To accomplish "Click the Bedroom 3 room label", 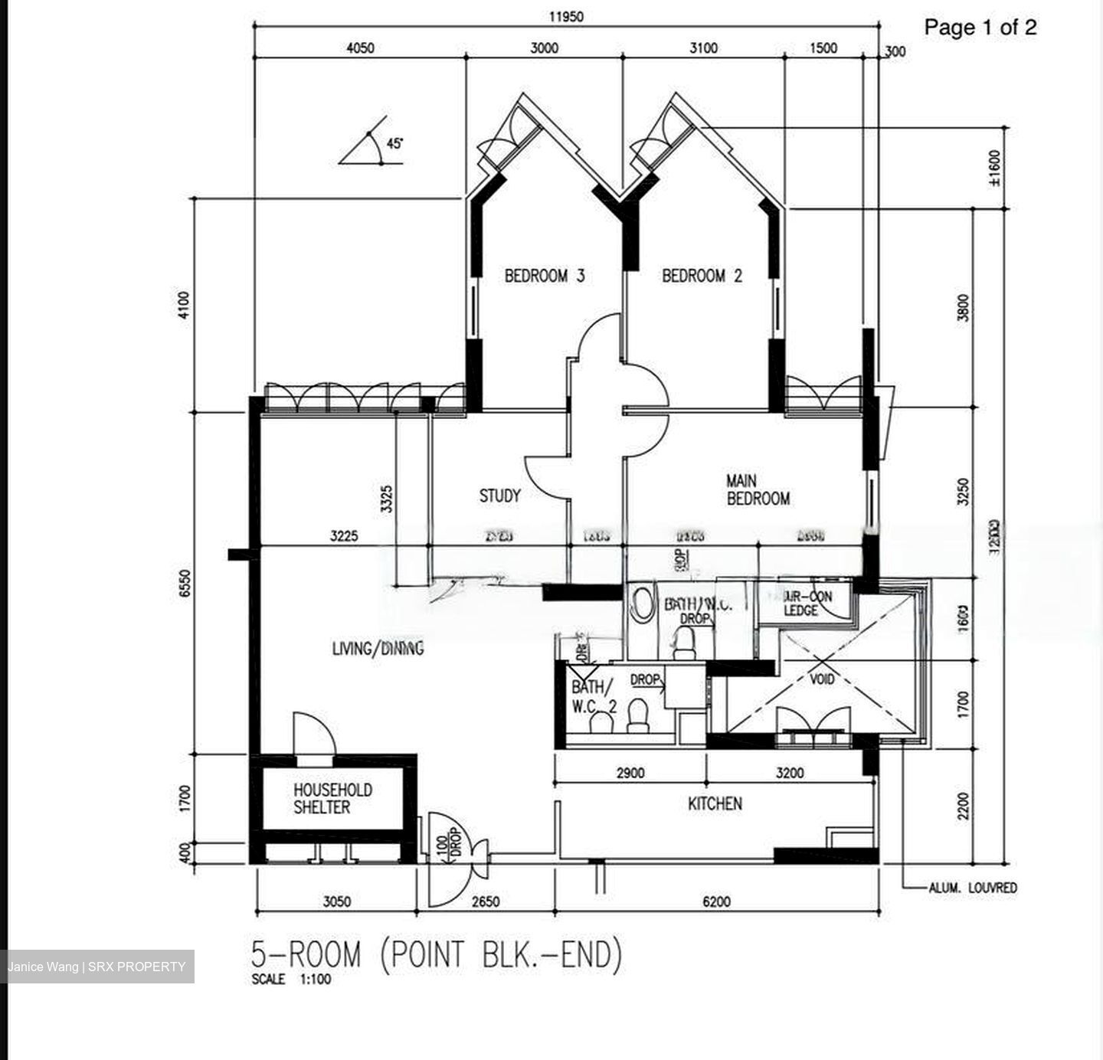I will (545, 276).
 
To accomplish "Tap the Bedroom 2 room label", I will (702, 276).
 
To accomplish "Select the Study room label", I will (499, 496).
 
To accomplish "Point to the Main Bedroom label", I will (757, 490).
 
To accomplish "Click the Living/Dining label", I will (378, 649).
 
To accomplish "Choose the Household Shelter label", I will (332, 798).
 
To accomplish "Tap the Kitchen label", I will (714, 803).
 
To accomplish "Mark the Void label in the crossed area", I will (822, 679).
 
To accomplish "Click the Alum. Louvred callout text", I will (973, 888).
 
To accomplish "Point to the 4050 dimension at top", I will (360, 48).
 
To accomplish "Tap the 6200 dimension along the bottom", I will (715, 901).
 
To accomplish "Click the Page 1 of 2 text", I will (980, 28).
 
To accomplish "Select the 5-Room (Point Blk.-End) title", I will (437, 955).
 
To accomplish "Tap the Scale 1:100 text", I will (291, 980).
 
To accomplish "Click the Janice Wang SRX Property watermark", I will (97, 967).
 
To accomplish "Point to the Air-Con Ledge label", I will (807, 603).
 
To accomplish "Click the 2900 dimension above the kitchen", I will (630, 773).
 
